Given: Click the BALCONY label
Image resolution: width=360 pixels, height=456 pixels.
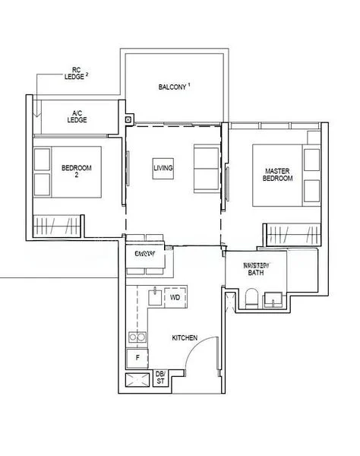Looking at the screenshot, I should coord(174,87).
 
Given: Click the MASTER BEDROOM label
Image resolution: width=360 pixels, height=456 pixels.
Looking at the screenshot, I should coord(278,174).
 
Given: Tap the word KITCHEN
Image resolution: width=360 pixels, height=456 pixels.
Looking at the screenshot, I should coord(185,337).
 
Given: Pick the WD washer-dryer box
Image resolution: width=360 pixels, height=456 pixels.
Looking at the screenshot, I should coord(175,297).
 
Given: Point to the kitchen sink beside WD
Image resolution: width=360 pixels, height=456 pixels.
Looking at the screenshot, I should coord(155,295).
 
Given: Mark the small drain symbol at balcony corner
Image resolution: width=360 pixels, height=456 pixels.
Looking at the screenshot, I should coord(128,119).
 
